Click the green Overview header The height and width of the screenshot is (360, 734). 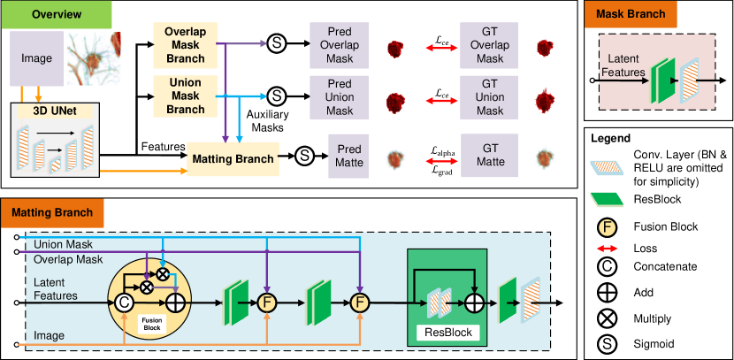point(57,15)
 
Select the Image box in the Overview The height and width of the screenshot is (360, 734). point(37,58)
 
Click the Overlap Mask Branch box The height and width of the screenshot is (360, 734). point(185,45)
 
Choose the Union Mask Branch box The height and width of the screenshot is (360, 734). point(185,96)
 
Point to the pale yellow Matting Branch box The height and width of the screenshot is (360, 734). point(233,159)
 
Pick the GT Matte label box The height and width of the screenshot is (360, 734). point(490,157)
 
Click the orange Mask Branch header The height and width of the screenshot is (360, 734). point(631,15)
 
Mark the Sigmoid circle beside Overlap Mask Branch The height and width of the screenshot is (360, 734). point(276,43)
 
